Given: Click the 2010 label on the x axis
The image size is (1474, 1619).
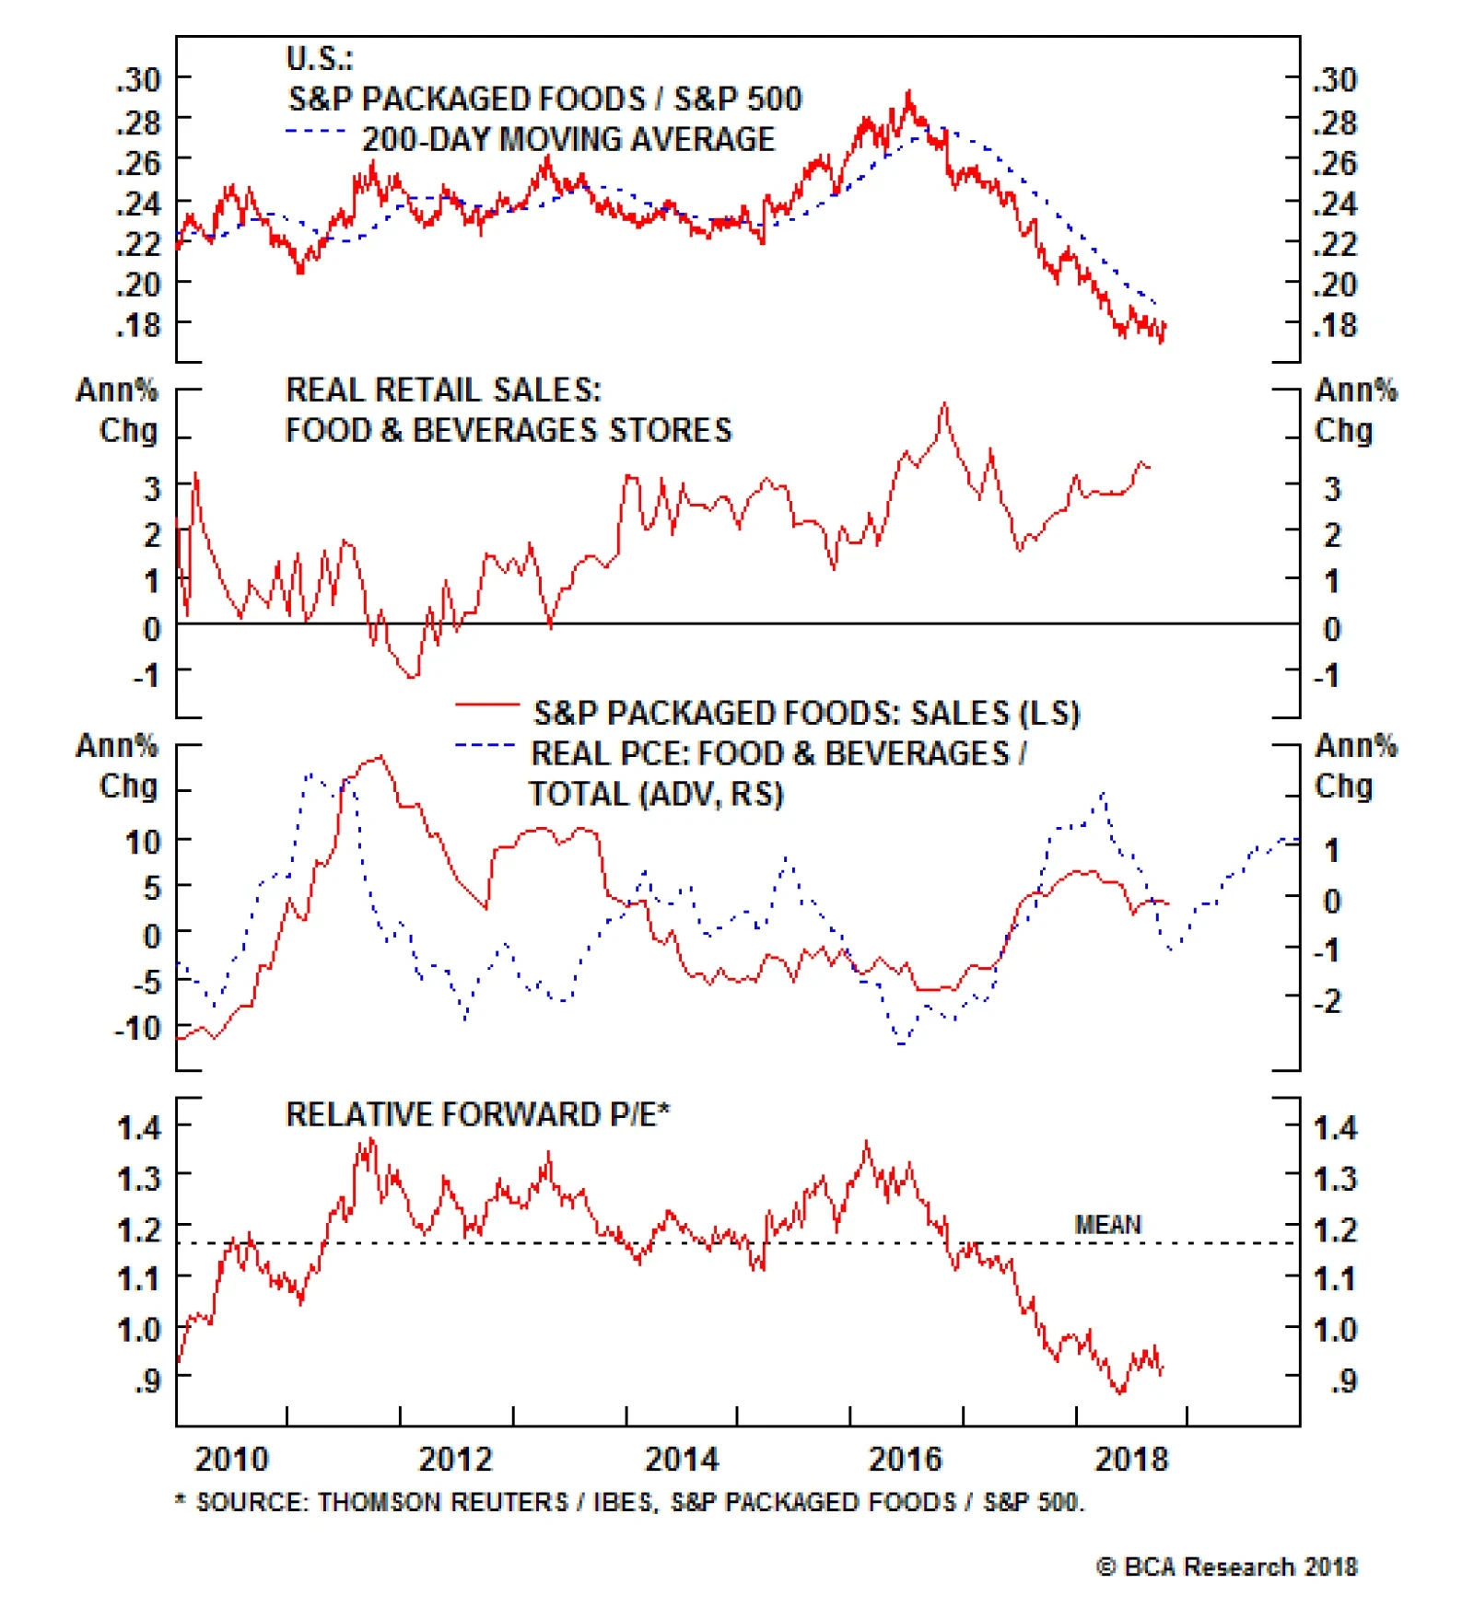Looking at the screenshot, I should (x=231, y=1459).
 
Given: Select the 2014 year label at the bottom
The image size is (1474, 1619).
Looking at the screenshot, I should (x=681, y=1459).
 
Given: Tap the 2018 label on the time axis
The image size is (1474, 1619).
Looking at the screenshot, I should (x=1130, y=1459).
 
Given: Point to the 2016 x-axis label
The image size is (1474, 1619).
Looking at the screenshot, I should (x=906, y=1459).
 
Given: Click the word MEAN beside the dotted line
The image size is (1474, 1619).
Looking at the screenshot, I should (x=1107, y=1225).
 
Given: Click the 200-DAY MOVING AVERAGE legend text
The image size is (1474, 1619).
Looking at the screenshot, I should (x=568, y=139).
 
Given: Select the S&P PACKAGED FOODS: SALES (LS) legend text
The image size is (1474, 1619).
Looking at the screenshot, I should (x=806, y=713).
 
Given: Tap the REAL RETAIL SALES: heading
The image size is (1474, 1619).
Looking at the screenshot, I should (x=443, y=390).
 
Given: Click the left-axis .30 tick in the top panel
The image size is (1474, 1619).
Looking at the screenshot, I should (x=138, y=80).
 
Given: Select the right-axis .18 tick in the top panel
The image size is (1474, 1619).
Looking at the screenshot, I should (x=1335, y=325).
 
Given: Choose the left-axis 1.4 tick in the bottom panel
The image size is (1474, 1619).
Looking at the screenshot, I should (x=138, y=1127).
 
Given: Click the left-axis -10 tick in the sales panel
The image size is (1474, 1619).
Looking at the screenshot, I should (x=137, y=1028).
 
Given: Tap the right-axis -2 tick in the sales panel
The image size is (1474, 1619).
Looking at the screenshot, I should (x=1328, y=1000).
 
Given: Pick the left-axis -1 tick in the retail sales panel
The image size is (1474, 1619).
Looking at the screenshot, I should (x=146, y=675).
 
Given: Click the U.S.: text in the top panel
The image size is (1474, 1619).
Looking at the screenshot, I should (x=319, y=59).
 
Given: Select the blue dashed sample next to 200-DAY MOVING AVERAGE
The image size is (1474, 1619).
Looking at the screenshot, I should (x=315, y=131).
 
